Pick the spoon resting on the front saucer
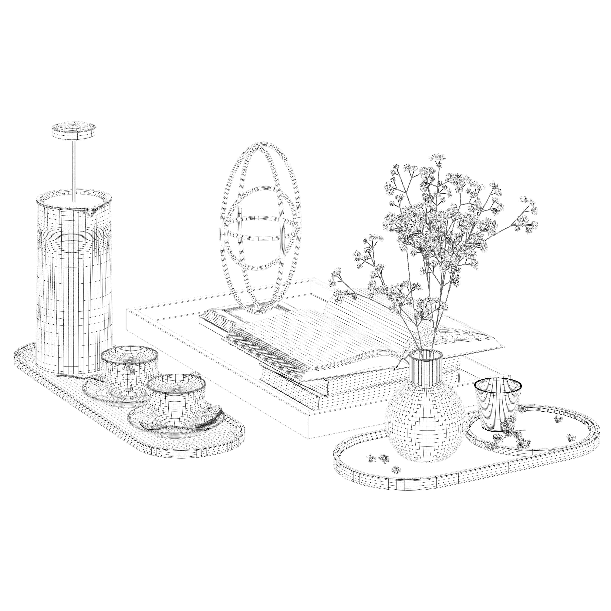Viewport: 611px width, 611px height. (x=164, y=429)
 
